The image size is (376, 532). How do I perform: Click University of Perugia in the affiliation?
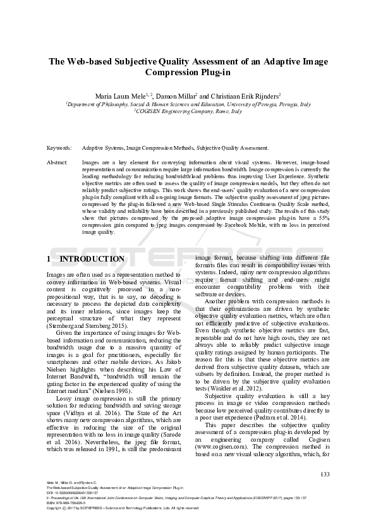point(258,104)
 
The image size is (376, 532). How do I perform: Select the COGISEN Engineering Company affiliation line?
point(188,111)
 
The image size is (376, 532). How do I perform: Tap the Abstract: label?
point(58,162)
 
